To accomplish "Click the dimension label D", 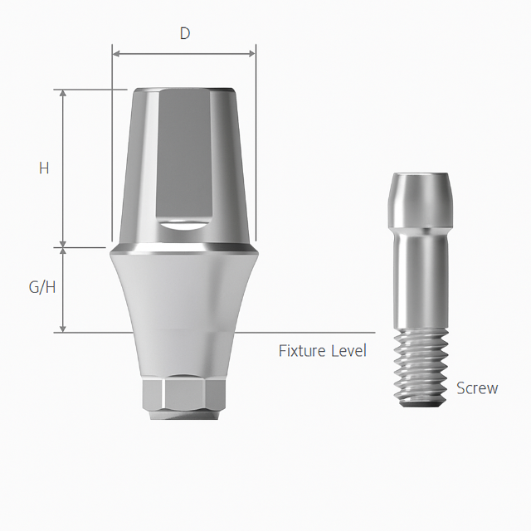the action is pos(185,33).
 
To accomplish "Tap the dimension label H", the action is pos(44,168).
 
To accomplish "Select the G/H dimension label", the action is pos(42,288).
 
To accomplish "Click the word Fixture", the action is pos(302,351).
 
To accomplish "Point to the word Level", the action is pos(348,351).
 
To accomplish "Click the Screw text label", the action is pos(477,388).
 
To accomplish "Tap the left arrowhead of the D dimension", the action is pos(116,53).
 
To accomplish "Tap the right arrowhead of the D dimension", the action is pos(251,53).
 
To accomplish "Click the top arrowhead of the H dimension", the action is pos(63,94).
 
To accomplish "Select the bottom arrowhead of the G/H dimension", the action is pos(63,329).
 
